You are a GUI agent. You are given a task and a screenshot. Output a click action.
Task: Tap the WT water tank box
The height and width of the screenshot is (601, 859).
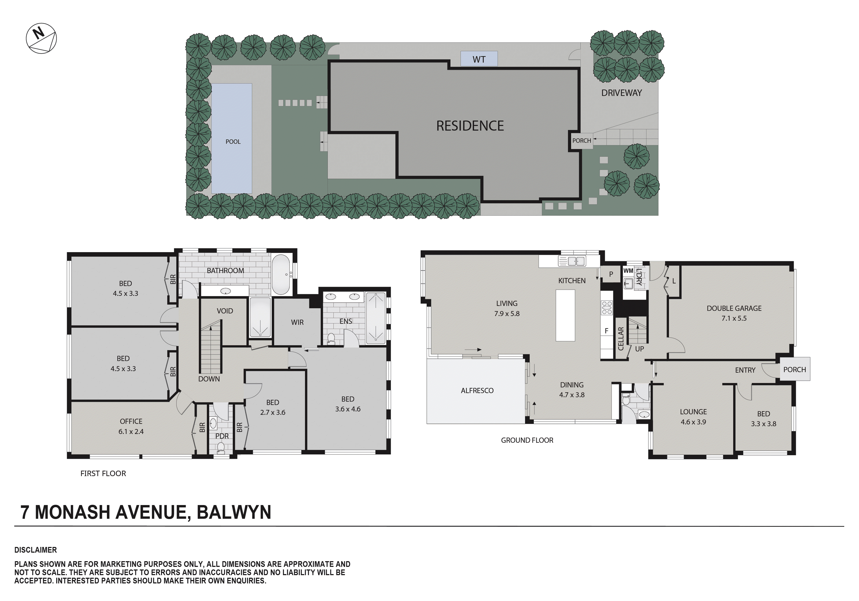[x=479, y=59]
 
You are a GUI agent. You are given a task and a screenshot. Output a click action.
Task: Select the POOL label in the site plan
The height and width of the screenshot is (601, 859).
[x=233, y=142]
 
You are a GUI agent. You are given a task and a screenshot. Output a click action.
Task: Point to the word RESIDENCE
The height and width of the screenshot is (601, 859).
[x=470, y=126]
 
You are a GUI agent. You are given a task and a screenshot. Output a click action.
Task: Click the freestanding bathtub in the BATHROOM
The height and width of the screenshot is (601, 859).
[x=281, y=275]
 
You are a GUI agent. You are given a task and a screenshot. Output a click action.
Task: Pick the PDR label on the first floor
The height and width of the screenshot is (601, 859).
[x=222, y=436]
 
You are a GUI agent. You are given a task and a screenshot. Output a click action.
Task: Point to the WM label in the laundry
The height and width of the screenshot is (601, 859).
[x=628, y=271]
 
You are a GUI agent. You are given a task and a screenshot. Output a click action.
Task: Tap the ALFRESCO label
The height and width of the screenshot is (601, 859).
[x=477, y=391]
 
